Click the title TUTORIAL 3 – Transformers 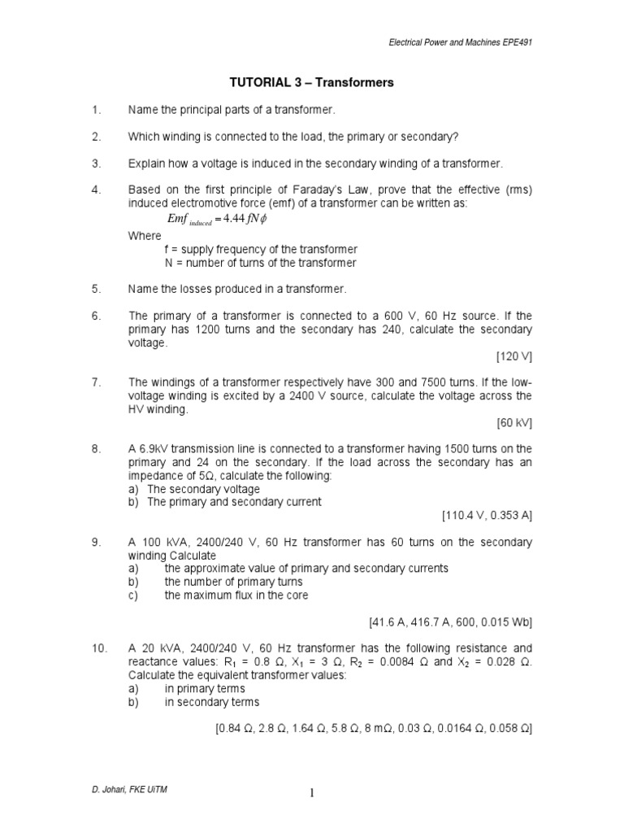tap(313, 82)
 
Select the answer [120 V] tap(513, 356)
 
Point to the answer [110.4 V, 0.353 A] tap(487, 515)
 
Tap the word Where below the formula tap(145, 236)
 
